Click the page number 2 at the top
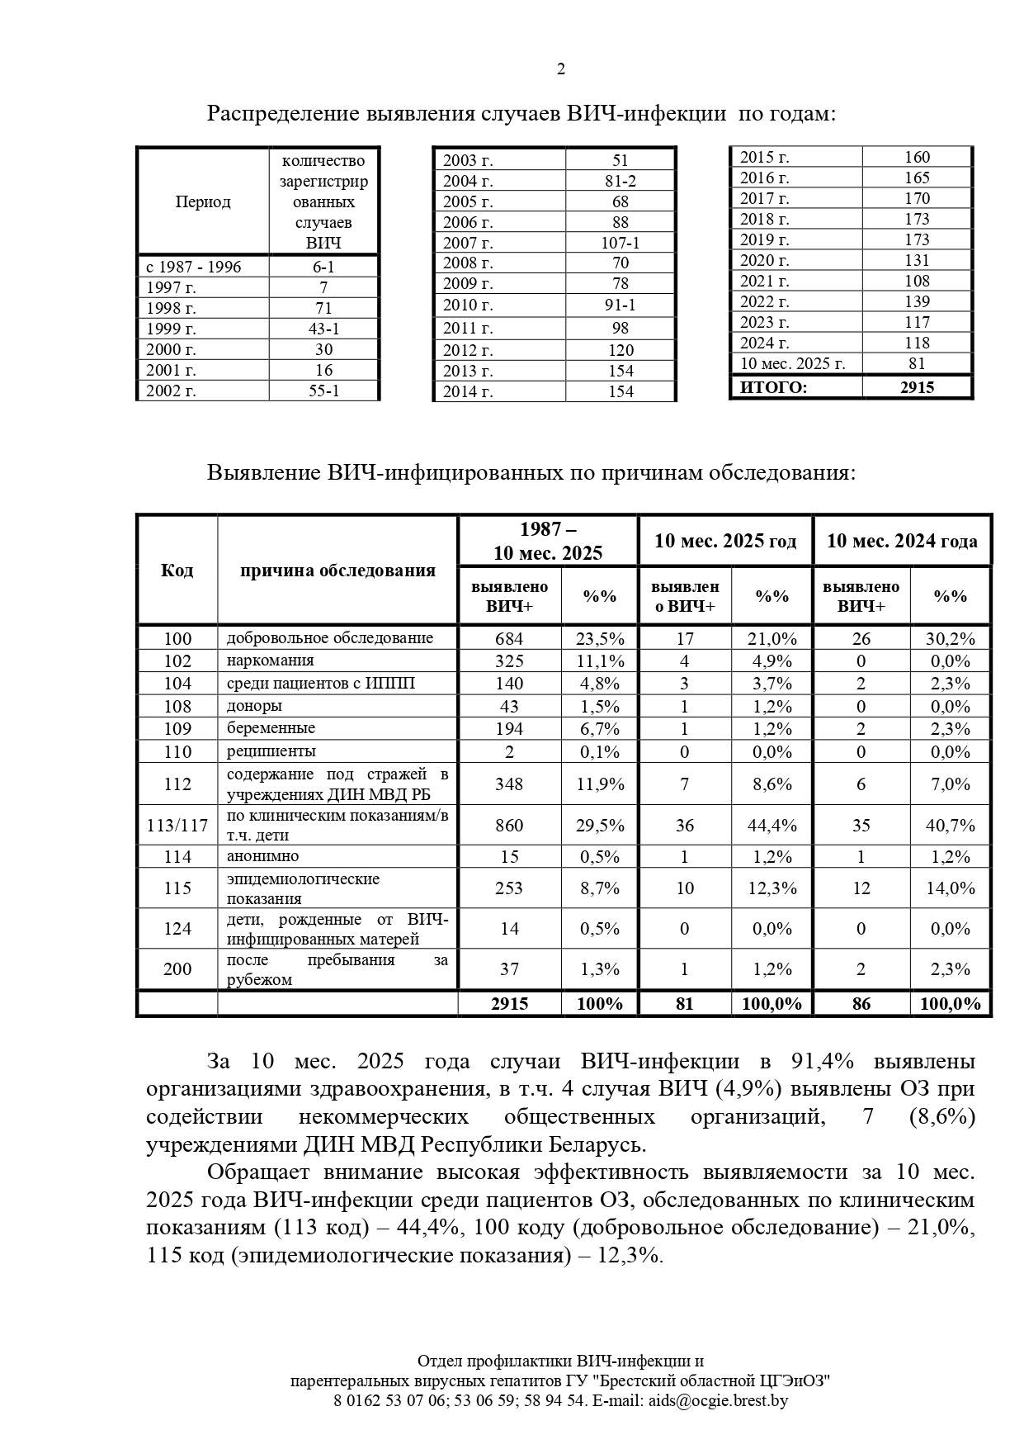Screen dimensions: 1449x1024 (561, 69)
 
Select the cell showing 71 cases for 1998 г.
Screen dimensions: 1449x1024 (323, 308)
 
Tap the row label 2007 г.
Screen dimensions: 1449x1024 (468, 243)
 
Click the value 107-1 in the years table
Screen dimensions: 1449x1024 (621, 243)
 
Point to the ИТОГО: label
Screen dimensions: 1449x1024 (773, 386)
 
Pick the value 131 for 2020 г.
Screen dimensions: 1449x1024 (917, 260)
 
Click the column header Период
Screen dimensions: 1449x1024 (203, 201)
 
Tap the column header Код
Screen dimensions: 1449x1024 (177, 571)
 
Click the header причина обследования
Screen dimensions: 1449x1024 (337, 571)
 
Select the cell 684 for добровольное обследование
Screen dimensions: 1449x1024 (509, 638)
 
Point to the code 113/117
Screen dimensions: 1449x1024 (177, 825)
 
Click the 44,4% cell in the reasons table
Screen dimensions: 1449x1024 (772, 825)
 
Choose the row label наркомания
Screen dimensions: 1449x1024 (271, 661)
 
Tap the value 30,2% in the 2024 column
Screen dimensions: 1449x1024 (951, 638)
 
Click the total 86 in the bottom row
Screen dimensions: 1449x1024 (861, 1004)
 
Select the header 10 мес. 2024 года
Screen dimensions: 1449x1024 (902, 541)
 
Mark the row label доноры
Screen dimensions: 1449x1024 (255, 706)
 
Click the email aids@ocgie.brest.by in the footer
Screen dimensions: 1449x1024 (718, 1400)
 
